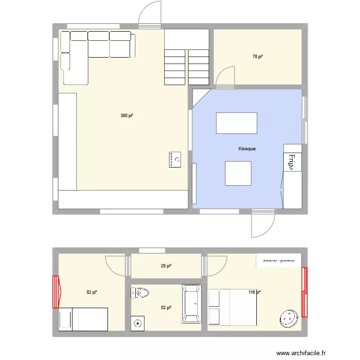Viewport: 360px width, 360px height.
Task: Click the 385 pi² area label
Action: [127, 116]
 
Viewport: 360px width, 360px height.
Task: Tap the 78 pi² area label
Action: [258, 57]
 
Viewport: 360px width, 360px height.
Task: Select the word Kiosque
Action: [247, 149]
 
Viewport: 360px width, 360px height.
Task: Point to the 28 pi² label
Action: [166, 266]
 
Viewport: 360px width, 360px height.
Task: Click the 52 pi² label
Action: [166, 308]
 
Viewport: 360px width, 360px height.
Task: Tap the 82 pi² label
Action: [92, 292]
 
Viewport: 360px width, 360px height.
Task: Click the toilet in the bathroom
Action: [140, 292]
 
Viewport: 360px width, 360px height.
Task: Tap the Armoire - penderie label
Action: [279, 261]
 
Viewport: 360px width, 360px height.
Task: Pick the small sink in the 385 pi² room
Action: [175, 159]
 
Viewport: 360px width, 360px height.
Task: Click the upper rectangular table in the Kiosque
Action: [236, 123]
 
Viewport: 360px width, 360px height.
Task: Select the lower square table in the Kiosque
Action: [238, 173]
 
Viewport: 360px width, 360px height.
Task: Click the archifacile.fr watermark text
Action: [301, 352]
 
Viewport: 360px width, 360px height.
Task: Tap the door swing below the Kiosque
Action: [263, 225]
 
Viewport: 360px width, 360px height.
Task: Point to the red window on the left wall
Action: [56, 292]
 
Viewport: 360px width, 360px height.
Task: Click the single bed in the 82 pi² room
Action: [83, 319]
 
